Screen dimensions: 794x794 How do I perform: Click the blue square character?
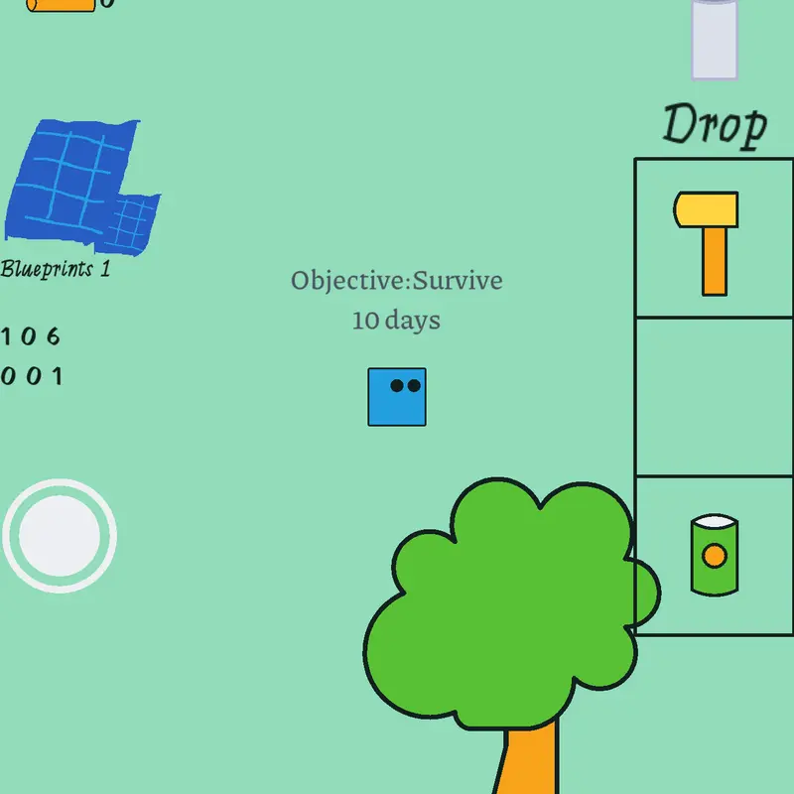[x=397, y=397]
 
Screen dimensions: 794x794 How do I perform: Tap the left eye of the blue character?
[x=397, y=386]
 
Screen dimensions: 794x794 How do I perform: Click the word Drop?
[x=715, y=126]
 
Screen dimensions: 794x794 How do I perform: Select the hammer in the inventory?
[x=706, y=243]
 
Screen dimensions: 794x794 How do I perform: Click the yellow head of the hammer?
[x=706, y=209]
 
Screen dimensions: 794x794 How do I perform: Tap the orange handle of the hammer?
[x=715, y=261]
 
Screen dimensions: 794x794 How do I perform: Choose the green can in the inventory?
[x=715, y=555]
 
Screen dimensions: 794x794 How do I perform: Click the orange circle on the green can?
[x=715, y=556]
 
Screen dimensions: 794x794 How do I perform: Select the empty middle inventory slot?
[x=714, y=397]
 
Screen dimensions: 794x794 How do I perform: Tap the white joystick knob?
[x=60, y=536]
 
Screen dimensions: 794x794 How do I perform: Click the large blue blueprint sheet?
[x=66, y=180]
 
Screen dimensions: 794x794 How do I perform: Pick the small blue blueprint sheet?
[x=131, y=225]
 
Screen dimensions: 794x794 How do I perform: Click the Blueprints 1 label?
[x=56, y=269]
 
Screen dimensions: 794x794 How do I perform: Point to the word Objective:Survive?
[x=397, y=281]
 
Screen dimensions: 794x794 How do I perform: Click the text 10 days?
[x=396, y=321]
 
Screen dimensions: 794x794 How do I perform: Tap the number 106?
[x=31, y=336]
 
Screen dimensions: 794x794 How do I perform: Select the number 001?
[x=31, y=376]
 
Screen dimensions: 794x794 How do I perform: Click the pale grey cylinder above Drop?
[x=715, y=39]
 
